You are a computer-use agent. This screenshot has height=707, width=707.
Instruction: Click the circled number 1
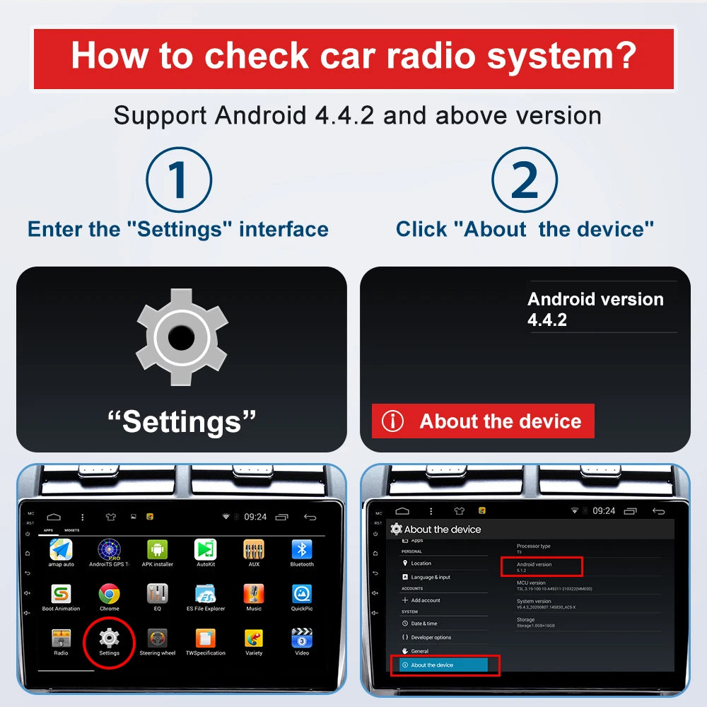coord(179,180)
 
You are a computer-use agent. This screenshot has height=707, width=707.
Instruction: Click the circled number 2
coord(525,180)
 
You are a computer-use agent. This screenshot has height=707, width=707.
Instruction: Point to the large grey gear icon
coord(182,337)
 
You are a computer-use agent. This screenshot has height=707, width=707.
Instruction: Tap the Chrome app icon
coord(109,593)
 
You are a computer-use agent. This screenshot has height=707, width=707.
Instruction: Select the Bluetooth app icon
coord(302,549)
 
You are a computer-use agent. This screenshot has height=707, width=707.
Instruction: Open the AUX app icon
coord(254,549)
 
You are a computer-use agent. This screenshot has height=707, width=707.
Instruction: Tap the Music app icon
coord(254,593)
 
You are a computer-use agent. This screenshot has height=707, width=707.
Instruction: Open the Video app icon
coord(302,638)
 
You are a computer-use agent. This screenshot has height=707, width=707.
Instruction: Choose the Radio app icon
coord(62,638)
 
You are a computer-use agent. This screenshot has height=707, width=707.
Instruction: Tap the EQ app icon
coord(157,593)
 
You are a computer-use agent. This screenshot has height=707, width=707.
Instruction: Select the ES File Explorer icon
coord(205,593)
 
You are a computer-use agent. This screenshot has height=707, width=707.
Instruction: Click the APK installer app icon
coord(157,549)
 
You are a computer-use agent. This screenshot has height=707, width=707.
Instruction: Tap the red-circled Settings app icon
coord(109,638)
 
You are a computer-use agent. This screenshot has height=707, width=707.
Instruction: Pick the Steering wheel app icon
coord(157,638)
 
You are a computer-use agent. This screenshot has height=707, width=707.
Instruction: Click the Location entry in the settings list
coord(421,563)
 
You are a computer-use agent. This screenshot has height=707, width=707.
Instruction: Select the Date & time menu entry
coord(423,624)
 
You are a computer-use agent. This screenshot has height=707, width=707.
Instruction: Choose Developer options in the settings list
coord(431,638)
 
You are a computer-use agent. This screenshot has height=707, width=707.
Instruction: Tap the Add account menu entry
coord(425,600)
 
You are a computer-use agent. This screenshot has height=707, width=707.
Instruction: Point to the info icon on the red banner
coord(392,421)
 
